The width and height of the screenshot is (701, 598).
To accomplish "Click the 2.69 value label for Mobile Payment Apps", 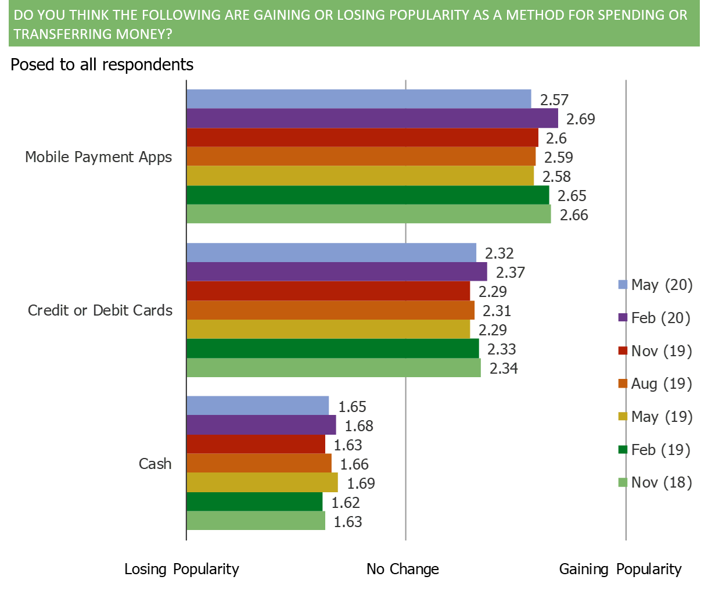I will [580, 119].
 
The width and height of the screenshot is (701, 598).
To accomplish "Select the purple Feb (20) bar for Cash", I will [261, 425].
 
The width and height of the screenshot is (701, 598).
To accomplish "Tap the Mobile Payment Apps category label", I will [99, 157].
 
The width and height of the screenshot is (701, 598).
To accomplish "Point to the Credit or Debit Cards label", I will [100, 310].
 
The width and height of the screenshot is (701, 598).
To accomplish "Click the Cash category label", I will [155, 464].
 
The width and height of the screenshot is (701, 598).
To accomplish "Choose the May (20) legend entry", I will [655, 285].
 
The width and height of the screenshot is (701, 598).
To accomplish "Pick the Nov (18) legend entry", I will [655, 482].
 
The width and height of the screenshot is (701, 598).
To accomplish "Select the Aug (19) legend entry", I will [655, 384].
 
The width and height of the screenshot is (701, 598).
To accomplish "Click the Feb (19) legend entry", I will [655, 450].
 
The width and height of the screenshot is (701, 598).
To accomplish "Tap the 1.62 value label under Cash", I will [346, 503].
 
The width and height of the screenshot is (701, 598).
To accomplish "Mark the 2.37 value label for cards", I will [511, 273].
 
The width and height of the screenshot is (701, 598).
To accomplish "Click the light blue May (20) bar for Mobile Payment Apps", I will [359, 99].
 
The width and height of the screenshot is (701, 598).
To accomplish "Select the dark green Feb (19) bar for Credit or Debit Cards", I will [333, 349].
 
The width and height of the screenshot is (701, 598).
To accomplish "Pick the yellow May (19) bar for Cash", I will [263, 483].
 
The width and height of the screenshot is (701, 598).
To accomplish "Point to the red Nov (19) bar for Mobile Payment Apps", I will [362, 138].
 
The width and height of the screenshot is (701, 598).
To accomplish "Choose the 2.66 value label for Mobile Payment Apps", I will [574, 215].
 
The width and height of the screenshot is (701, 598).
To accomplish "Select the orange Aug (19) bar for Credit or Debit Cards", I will [330, 310].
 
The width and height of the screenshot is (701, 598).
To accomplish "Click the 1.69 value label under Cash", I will [361, 484].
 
